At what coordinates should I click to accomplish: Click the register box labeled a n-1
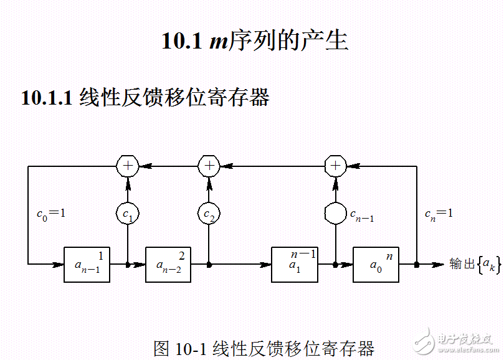(x=87, y=264)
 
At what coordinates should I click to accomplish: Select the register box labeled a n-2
(x=168, y=264)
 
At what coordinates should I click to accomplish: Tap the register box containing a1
(x=294, y=264)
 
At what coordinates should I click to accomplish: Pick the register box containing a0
(x=376, y=264)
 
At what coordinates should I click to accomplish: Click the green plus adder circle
(x=127, y=166)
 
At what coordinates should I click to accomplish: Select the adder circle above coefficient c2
(x=209, y=166)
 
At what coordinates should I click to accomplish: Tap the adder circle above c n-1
(x=335, y=166)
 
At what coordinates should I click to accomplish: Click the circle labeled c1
(x=127, y=214)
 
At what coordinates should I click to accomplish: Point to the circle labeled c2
(x=209, y=214)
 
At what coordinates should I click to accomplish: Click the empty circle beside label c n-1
(x=335, y=214)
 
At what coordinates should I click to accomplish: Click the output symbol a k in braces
(x=488, y=265)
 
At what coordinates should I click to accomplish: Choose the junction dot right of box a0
(x=416, y=265)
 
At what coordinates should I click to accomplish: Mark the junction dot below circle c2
(x=209, y=265)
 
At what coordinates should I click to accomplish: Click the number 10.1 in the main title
(x=182, y=41)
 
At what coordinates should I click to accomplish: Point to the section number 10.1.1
(x=47, y=98)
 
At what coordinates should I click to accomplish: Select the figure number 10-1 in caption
(x=190, y=348)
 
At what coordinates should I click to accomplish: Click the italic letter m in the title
(x=217, y=42)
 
